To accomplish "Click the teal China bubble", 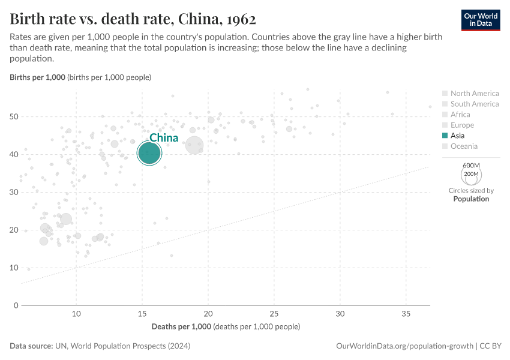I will point(149,153).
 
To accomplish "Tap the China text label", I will point(164,138).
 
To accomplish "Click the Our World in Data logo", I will point(480,19).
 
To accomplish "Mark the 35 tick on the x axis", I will point(406,314).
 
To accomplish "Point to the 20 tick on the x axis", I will point(208,314).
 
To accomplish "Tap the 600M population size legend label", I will point(471,166).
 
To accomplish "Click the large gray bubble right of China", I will point(194,145).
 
